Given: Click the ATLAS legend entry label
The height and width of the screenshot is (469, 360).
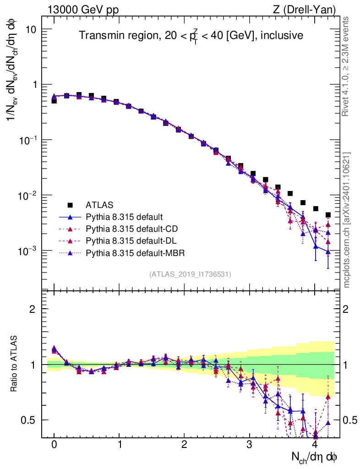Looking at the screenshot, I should click(99, 205).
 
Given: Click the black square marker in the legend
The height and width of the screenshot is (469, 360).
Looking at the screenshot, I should click(70, 205).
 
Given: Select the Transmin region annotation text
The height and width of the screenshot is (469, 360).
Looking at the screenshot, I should click(191, 35).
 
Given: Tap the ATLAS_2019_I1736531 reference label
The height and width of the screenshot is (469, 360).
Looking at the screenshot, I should click(190, 274).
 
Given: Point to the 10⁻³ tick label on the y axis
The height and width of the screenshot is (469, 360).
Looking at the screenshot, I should click(27, 251).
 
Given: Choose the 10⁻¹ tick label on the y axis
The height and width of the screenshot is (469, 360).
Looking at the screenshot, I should click(27, 141).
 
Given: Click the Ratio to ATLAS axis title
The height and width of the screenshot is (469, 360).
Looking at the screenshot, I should click(14, 364).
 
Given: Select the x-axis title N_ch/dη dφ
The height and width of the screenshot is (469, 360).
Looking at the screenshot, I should click(315, 457).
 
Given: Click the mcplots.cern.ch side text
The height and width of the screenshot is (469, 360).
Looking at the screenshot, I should click(347, 220).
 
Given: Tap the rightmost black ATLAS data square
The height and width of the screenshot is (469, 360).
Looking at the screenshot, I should click(328, 215).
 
